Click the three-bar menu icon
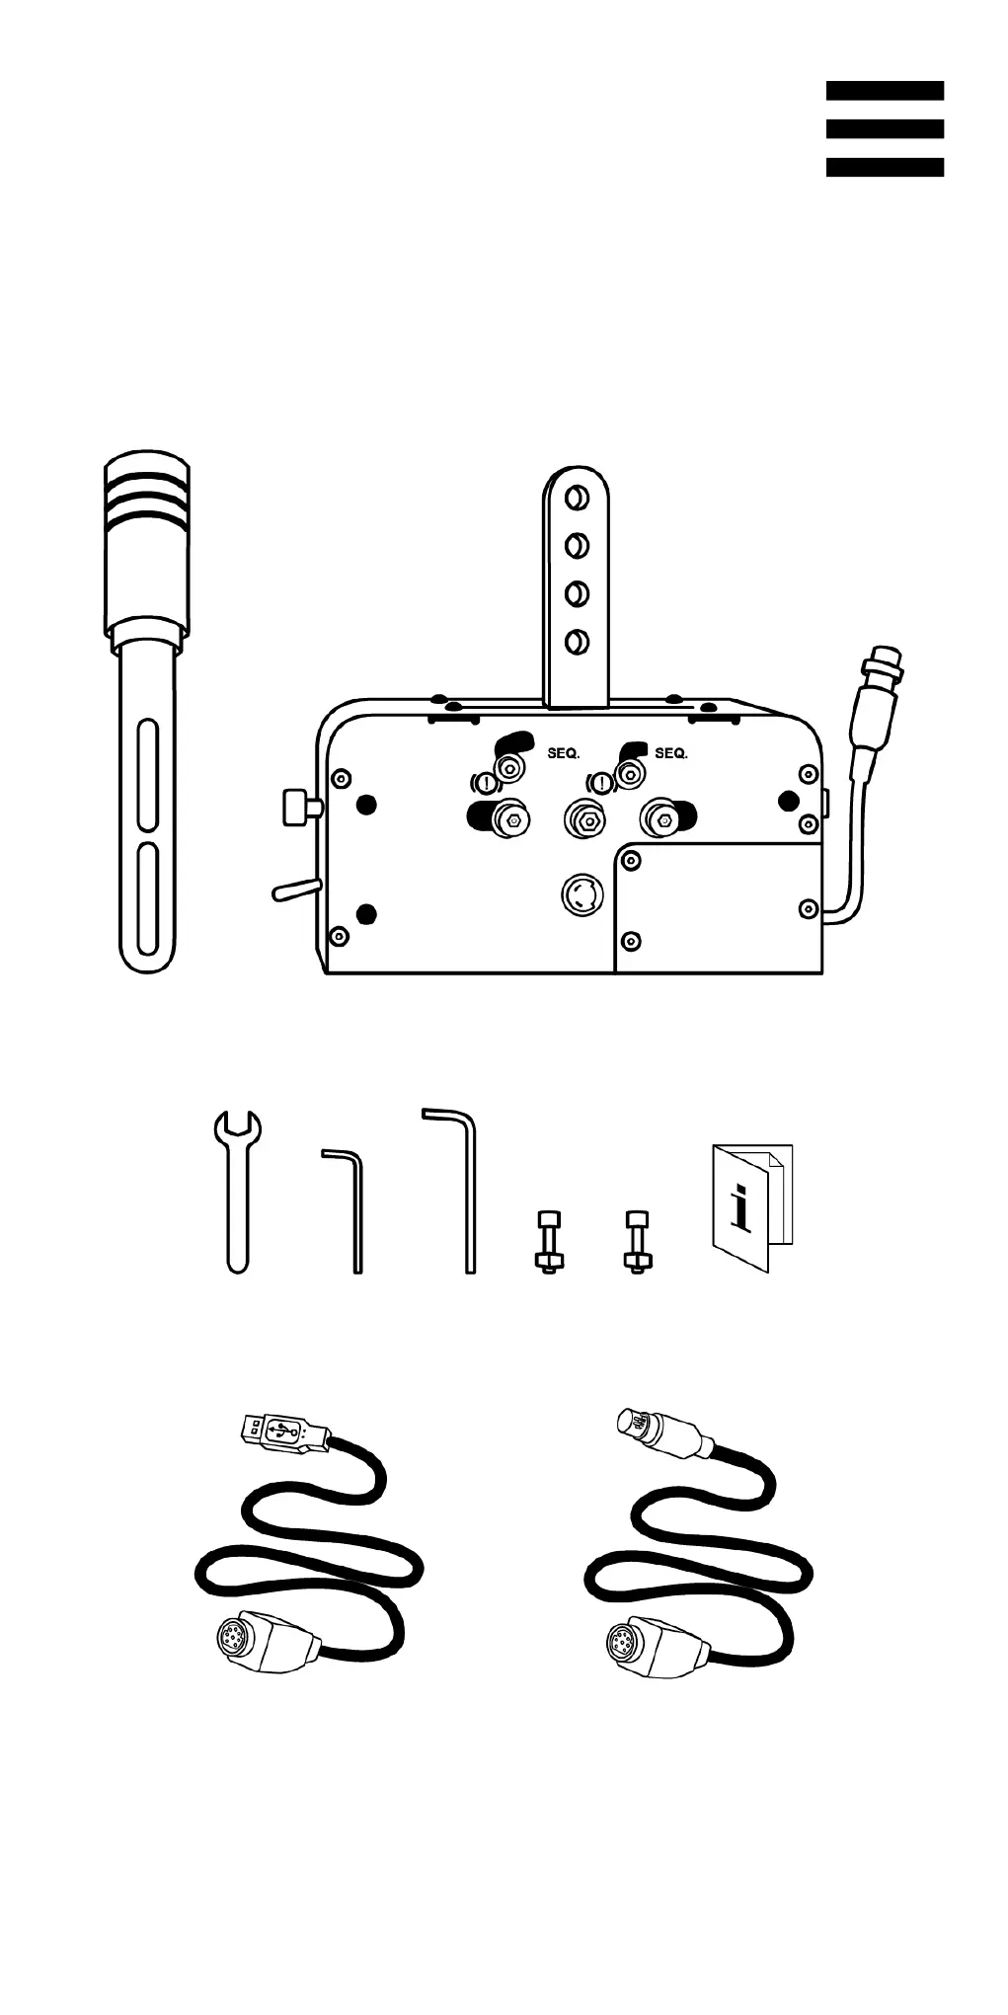coord(885,128)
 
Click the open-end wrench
coord(238,1191)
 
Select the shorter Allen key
coord(349,1209)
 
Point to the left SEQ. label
coord(564,753)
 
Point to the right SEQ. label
coord(671,753)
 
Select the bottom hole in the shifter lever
coord(577,643)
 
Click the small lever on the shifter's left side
coord(295,891)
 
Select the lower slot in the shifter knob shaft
coord(147,898)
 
